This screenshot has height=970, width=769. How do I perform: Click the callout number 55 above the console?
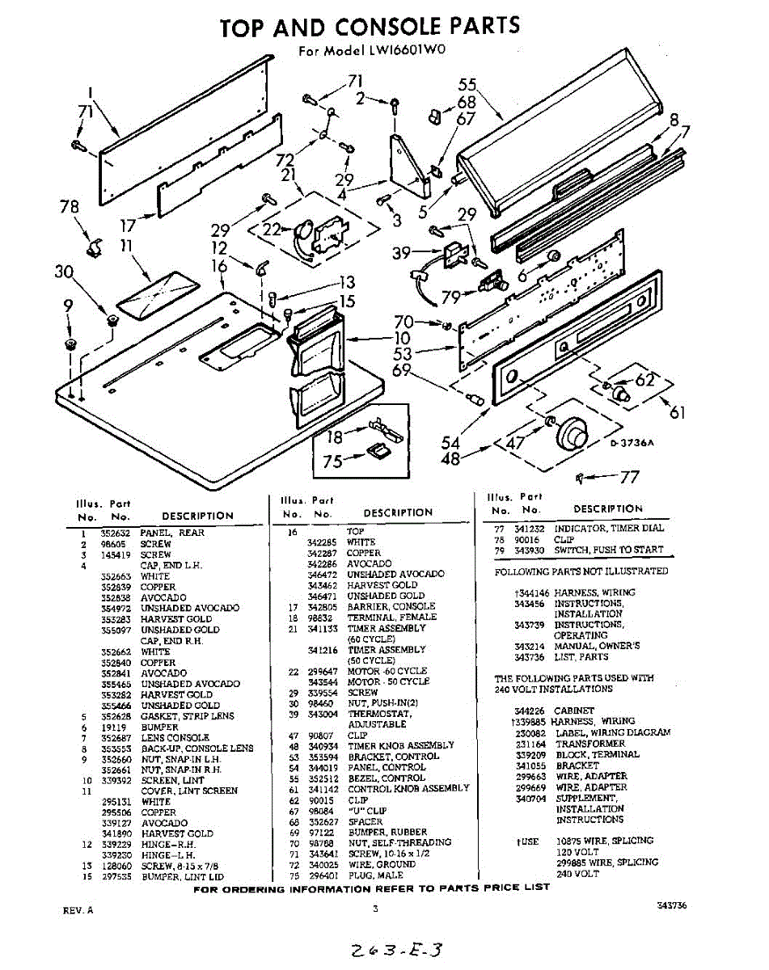(467, 85)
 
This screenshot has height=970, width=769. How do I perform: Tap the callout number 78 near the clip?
(70, 207)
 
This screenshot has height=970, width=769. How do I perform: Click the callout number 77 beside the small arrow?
(629, 478)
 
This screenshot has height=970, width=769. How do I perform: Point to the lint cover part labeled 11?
(156, 293)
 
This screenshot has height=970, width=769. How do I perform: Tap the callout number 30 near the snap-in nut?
(65, 272)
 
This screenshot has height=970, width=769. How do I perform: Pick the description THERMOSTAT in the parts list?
(380, 714)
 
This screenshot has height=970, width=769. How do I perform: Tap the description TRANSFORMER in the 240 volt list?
(589, 744)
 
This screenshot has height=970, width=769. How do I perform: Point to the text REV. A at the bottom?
(78, 910)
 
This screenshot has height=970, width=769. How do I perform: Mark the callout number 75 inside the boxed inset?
(332, 462)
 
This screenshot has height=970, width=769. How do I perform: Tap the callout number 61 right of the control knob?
(677, 412)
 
